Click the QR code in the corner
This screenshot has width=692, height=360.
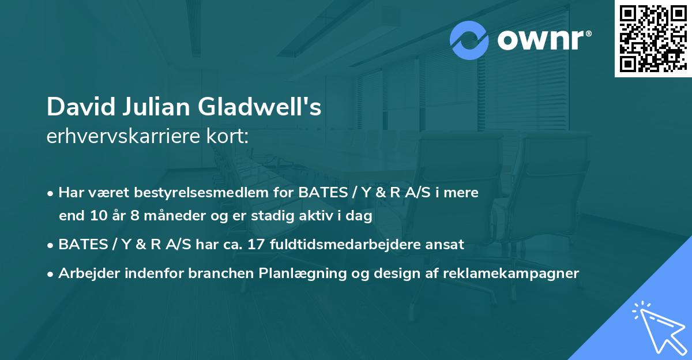tap(653, 39)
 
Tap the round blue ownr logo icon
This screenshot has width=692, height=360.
tap(470, 40)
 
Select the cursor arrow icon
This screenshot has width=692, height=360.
tap(657, 326)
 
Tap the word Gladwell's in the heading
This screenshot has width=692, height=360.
tap(260, 107)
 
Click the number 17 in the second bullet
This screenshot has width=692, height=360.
tap(257, 244)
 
